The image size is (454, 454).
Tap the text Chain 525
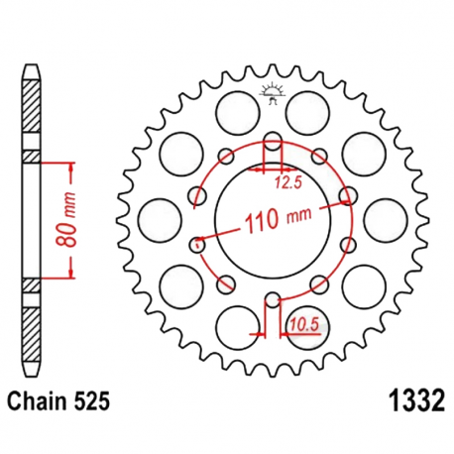point(55,401)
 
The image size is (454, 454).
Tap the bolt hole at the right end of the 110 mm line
point(346,195)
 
